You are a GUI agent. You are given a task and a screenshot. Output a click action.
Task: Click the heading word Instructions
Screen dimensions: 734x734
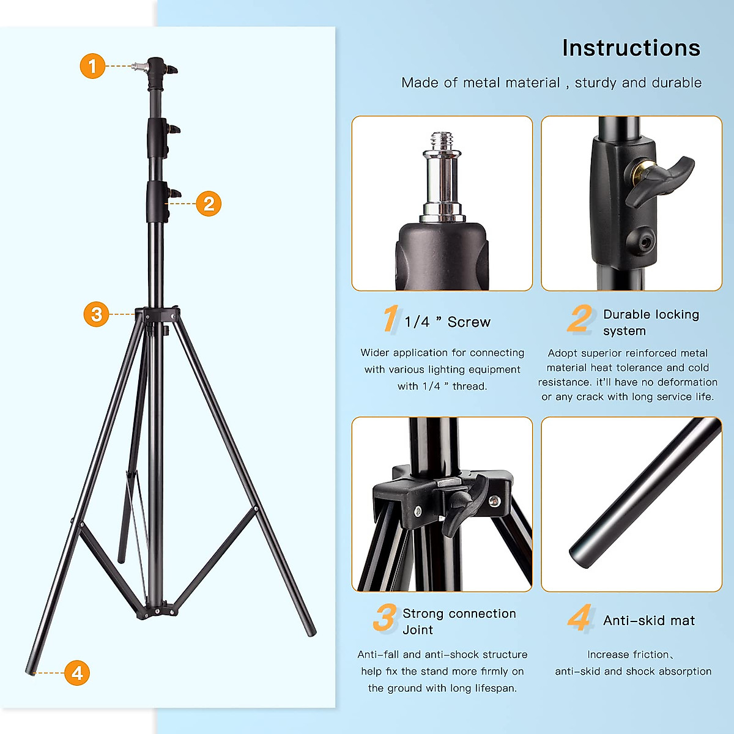pos(631,48)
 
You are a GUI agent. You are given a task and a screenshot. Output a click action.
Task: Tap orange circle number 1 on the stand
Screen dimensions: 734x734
pos(92,65)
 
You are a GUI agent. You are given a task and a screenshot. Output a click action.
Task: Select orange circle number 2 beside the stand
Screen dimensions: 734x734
pos(209,203)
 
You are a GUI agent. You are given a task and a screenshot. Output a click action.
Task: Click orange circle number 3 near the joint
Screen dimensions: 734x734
pos(96,314)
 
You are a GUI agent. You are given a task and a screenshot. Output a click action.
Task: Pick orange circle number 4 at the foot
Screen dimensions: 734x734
pos(77,673)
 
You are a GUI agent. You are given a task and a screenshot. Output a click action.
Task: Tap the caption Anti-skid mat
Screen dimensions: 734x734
pos(648,621)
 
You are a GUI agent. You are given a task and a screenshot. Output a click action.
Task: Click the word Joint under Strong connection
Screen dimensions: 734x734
pos(418,630)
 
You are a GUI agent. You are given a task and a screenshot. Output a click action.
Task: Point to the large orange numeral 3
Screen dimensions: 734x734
pos(385,618)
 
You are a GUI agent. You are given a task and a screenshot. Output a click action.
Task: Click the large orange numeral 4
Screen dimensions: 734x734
pos(579,618)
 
